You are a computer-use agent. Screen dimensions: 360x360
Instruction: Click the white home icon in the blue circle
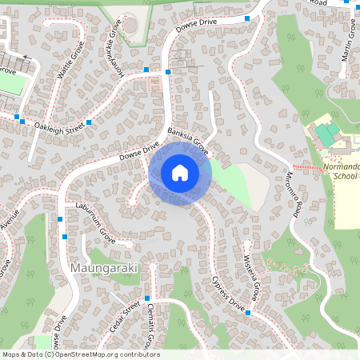click(x=179, y=172)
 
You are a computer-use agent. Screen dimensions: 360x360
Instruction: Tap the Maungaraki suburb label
click(x=104, y=267)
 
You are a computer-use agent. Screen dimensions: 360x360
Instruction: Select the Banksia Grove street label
click(x=189, y=139)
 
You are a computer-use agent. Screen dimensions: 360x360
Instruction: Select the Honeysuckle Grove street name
click(x=117, y=45)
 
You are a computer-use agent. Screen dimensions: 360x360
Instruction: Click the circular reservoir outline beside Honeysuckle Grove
click(x=130, y=25)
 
